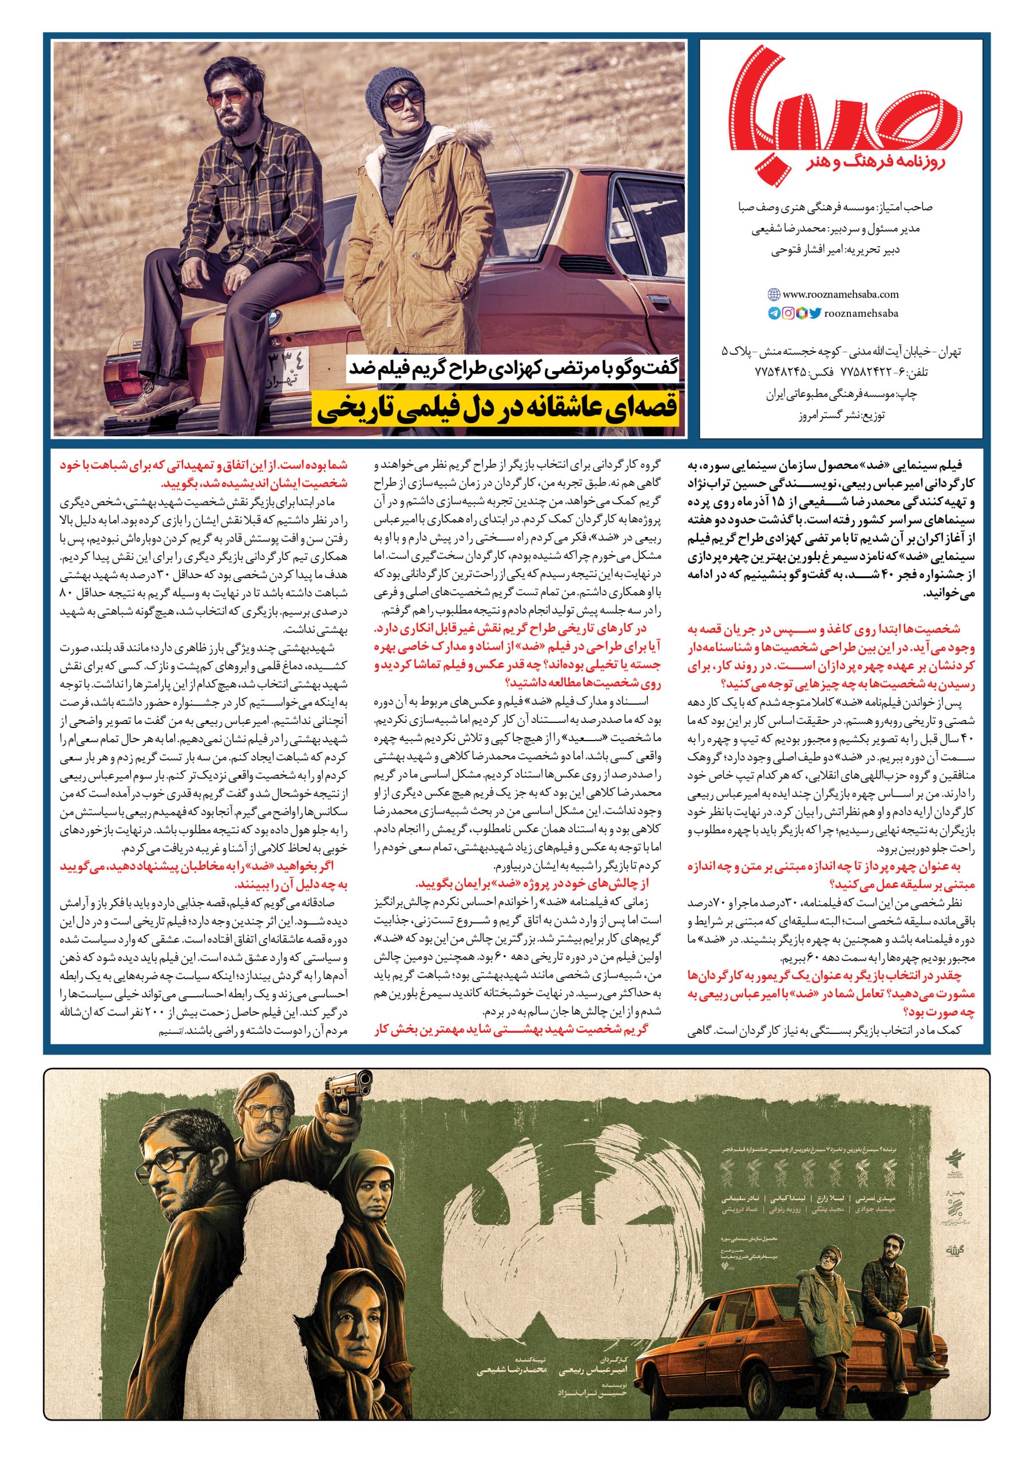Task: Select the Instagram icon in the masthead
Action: (x=789, y=313)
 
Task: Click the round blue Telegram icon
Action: (x=774, y=313)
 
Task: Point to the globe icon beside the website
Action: (x=774, y=295)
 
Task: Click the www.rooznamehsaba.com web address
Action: (x=840, y=295)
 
